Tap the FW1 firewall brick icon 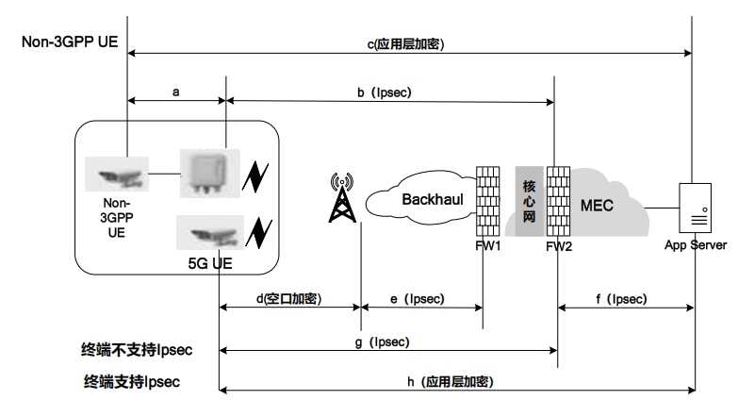(x=487, y=203)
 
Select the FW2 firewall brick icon (x=559, y=202)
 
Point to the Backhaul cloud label (x=429, y=199)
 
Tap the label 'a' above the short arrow (x=176, y=92)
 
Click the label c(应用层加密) (x=405, y=44)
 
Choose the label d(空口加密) (x=289, y=299)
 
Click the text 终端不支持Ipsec (x=137, y=351)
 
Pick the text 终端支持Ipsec (x=130, y=382)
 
